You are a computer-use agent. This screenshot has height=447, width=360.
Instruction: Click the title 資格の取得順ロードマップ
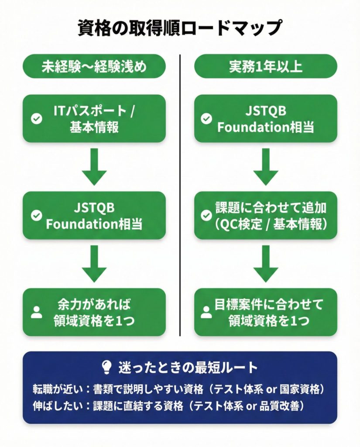click(x=180, y=28)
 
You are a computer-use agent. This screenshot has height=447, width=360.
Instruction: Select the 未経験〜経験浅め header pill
click(x=94, y=66)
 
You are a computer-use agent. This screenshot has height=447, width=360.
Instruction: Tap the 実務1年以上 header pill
click(x=265, y=66)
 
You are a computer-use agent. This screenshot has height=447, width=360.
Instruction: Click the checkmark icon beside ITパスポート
click(x=37, y=119)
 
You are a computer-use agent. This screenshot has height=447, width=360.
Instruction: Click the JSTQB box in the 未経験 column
click(x=94, y=216)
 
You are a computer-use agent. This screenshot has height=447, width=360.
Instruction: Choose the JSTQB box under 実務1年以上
click(x=265, y=118)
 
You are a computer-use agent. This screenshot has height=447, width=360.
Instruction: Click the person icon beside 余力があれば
click(x=37, y=312)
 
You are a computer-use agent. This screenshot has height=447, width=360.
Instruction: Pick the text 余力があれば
click(x=94, y=304)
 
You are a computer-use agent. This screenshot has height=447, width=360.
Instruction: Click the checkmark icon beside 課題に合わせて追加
click(x=206, y=216)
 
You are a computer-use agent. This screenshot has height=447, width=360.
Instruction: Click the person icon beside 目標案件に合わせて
click(x=206, y=312)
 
